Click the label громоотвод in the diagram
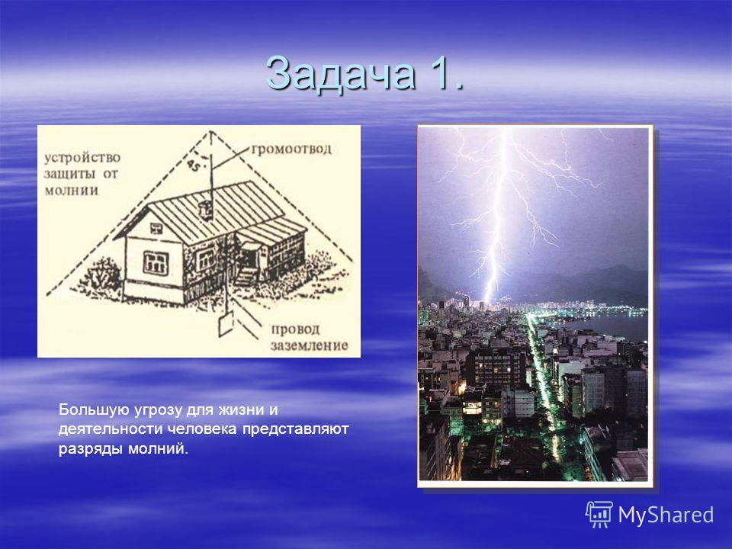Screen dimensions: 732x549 click(291, 149)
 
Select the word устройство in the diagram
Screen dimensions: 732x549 click(82, 158)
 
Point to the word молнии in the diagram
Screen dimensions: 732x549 click(72, 190)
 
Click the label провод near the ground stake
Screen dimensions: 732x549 click(296, 329)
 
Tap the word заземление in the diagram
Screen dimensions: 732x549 click(309, 345)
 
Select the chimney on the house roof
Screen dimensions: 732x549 click(204, 210)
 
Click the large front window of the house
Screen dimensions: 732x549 click(156, 263)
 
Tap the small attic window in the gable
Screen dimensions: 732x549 click(156, 228)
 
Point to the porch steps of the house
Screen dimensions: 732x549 click(246, 276)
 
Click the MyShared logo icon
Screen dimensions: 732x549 click(599, 515)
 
